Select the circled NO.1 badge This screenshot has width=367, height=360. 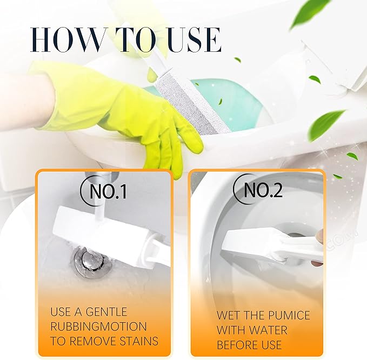103,191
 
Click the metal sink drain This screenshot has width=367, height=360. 89,258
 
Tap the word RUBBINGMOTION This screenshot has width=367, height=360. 98,326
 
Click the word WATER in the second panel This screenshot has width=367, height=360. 265,330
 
